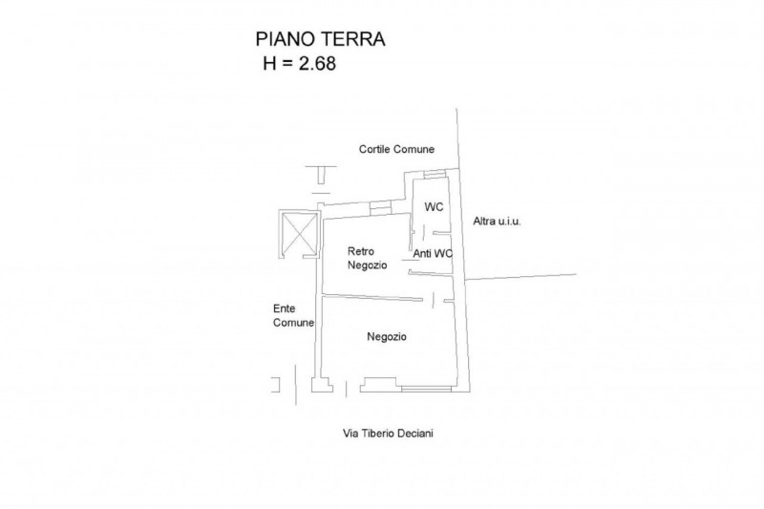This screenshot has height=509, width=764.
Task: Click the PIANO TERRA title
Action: click(320, 39)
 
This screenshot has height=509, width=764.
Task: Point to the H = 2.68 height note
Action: click(299, 63)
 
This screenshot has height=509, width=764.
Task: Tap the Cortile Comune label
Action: click(396, 149)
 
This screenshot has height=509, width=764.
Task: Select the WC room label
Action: click(434, 207)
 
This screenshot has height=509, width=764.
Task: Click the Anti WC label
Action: click(433, 254)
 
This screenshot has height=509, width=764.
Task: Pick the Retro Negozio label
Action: click(368, 258)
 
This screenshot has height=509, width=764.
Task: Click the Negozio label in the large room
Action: click(387, 336)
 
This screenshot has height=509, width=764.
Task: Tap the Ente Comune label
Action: click(293, 315)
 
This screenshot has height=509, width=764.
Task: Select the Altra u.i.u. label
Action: click(497, 222)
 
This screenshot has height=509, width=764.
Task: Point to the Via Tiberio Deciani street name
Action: click(388, 433)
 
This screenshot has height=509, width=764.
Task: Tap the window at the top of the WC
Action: click(434, 174)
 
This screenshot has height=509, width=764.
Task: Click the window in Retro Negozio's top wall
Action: click(380, 208)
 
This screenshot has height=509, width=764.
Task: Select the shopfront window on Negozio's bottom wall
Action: click(426, 389)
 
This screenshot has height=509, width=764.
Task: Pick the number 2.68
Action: click(317, 63)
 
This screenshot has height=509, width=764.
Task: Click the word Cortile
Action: click(374, 149)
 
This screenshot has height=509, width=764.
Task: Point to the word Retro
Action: click(361, 251)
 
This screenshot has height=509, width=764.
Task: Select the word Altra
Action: click(484, 222)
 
